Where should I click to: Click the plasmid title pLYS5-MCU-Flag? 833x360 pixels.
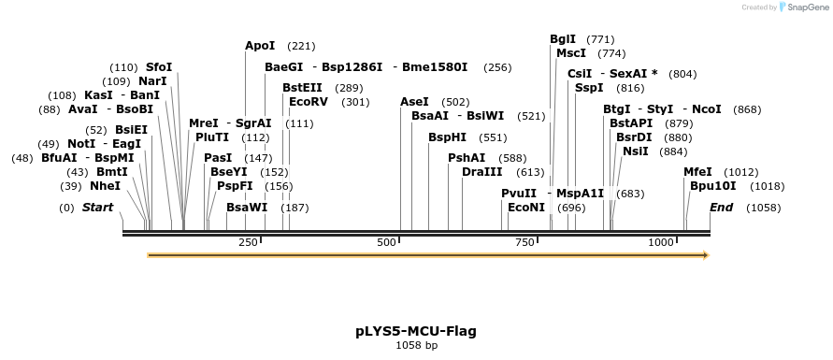pyautogui.click(x=416, y=331)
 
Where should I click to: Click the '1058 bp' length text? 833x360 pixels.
pyautogui.click(x=416, y=346)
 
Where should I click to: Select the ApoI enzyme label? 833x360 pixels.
pyautogui.click(x=260, y=46)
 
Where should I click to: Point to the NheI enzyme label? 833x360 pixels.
pyautogui.click(x=105, y=186)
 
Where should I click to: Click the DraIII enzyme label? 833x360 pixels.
pyautogui.click(x=482, y=172)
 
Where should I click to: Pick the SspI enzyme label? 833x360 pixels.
pyautogui.click(x=589, y=88)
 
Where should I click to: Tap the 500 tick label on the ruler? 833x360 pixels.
pyautogui.click(x=387, y=243)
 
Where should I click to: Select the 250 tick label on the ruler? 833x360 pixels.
pyautogui.click(x=248, y=243)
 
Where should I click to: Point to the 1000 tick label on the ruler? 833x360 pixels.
pyautogui.click(x=661, y=243)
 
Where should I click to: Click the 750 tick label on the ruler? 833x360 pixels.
pyautogui.click(x=524, y=243)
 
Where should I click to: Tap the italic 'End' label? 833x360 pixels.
pyautogui.click(x=721, y=208)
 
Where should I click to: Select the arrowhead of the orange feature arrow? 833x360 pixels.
pyautogui.click(x=706, y=255)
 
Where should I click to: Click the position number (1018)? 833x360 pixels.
pyautogui.click(x=768, y=186)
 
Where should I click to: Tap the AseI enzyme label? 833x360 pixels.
pyautogui.click(x=414, y=102)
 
